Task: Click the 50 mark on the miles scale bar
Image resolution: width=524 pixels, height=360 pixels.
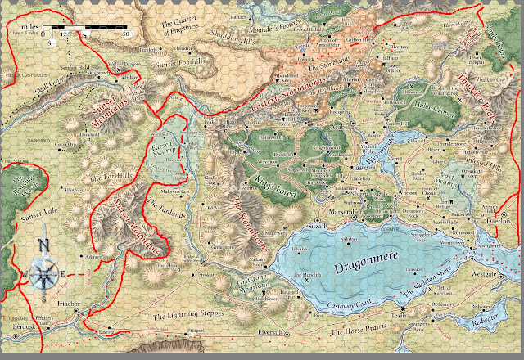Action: tap(125, 34)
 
